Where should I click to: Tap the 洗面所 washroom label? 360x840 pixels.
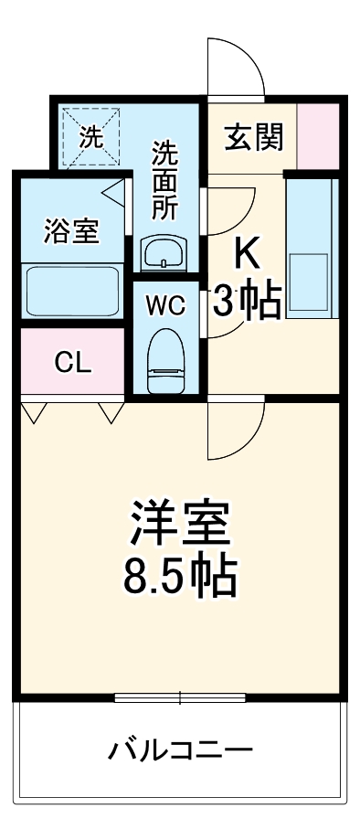[165, 179]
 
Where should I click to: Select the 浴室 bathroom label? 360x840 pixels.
[72, 231]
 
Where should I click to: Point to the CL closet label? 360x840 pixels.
[72, 363]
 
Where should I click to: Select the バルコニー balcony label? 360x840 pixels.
[180, 752]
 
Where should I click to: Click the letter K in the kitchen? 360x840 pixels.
[245, 254]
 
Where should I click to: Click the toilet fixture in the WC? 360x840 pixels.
[165, 360]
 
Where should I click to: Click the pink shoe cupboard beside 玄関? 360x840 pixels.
[319, 135]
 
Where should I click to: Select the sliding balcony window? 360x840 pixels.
[181, 699]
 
